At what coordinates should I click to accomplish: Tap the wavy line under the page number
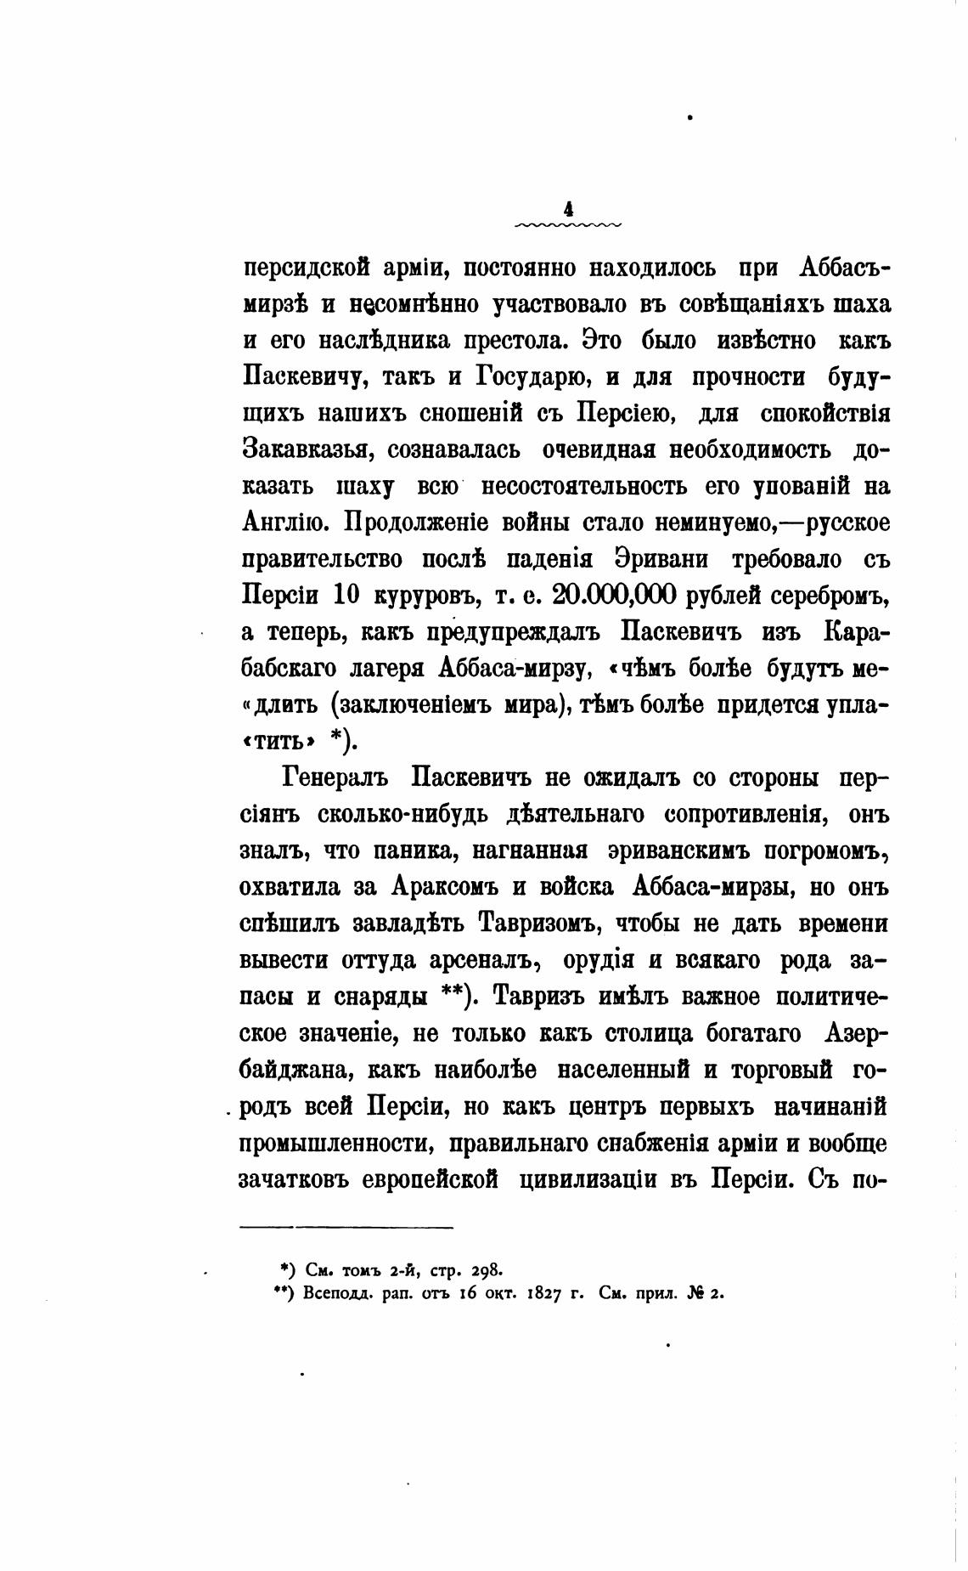pyautogui.click(x=568, y=225)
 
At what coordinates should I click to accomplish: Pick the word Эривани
pyautogui.click(x=663, y=560)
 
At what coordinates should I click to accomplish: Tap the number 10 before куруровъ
pyautogui.click(x=347, y=596)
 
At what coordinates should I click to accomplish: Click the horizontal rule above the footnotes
pyautogui.click(x=347, y=1226)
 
